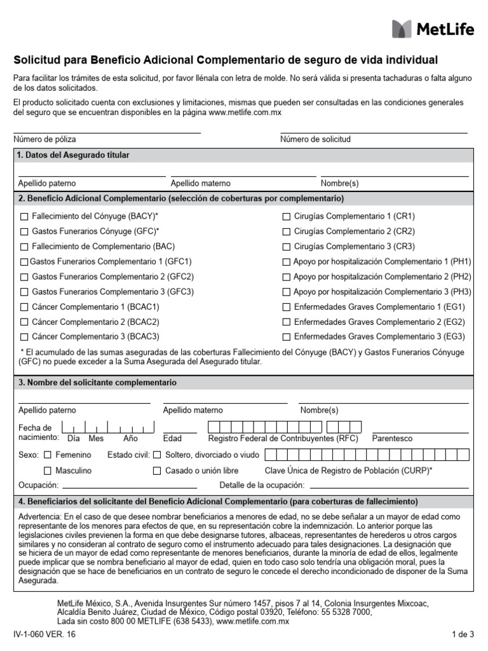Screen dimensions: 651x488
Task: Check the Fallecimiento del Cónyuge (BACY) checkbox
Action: click(24, 216)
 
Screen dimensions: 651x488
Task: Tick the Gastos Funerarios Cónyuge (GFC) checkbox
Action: click(24, 231)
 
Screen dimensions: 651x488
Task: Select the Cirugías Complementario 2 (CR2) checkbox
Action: click(287, 231)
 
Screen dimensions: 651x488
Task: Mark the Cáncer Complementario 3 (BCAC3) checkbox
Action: click(24, 337)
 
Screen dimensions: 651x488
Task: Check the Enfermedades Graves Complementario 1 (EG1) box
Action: click(287, 307)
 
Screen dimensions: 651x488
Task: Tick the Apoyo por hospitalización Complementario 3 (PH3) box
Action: click(287, 292)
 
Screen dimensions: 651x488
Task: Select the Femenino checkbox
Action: click(48, 455)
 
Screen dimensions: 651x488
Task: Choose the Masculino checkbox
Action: click(48, 471)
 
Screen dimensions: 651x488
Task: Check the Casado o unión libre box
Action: click(157, 471)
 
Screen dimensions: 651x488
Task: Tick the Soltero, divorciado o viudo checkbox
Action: click(157, 455)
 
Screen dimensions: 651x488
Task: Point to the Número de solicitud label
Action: click(315, 139)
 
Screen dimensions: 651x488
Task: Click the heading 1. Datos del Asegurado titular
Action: click(73, 155)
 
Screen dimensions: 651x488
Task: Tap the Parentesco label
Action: click(392, 439)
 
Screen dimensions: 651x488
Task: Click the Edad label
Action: click(172, 439)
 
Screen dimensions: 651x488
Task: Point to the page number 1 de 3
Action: click(463, 634)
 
